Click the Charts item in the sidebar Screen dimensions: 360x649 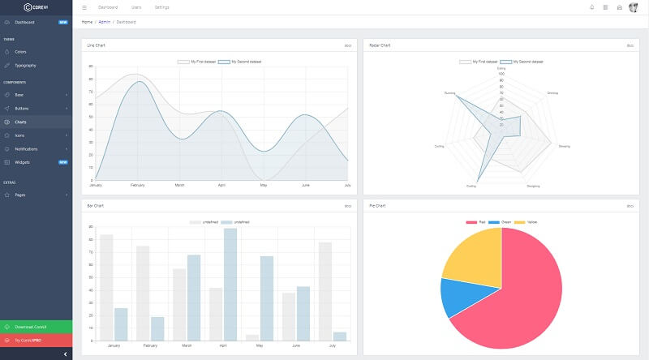coord(20,122)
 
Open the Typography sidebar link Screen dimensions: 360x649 coord(25,65)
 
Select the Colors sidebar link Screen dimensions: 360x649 coord(20,51)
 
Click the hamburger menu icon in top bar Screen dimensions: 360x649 coord(84,7)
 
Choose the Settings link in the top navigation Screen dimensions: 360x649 coord(161,7)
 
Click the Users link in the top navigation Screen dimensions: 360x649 coord(136,7)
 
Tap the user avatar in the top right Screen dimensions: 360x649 coord(633,7)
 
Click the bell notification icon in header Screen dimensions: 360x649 coord(591,7)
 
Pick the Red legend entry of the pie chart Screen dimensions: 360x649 coord(476,222)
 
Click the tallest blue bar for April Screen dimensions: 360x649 coord(230,284)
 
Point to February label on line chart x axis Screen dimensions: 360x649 coord(137,186)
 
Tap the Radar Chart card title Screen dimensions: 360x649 coord(379,45)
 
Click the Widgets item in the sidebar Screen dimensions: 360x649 coord(22,162)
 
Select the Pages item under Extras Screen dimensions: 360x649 coord(20,195)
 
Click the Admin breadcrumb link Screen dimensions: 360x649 coord(104,22)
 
